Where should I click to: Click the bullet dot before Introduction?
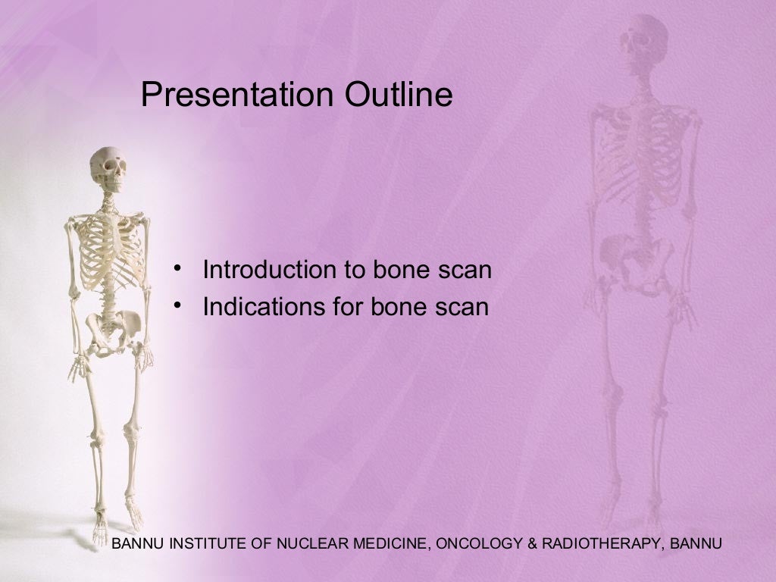177,269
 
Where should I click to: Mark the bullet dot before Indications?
177,306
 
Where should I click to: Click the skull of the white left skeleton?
108,168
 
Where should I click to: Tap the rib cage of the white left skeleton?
108,250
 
